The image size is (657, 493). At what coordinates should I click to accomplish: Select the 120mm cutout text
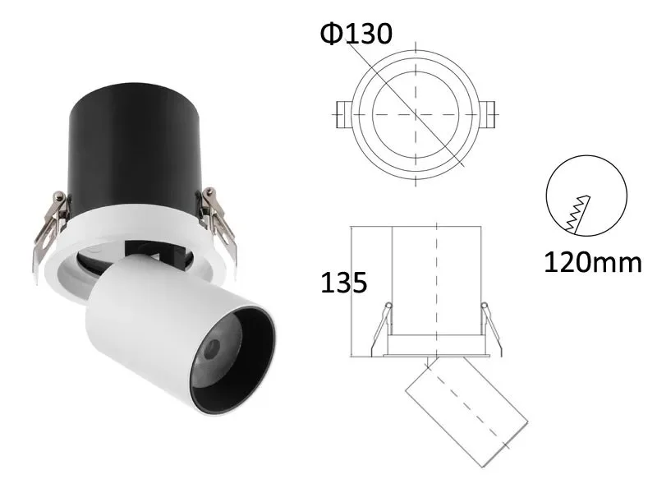(591, 262)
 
